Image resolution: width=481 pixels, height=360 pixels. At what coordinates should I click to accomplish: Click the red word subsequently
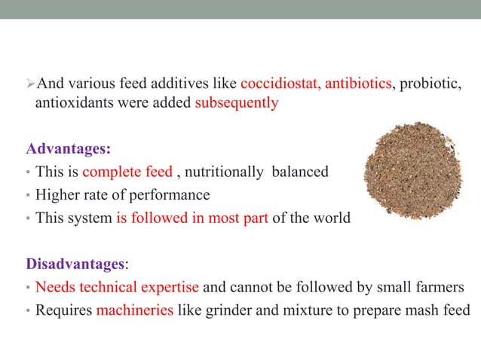237,103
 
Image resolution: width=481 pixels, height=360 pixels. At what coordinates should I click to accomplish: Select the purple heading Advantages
62,147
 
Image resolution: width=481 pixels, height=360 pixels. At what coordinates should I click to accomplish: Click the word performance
170,195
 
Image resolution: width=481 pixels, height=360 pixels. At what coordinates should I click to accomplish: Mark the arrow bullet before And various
30,83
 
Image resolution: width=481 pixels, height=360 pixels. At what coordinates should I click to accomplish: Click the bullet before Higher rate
28,196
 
